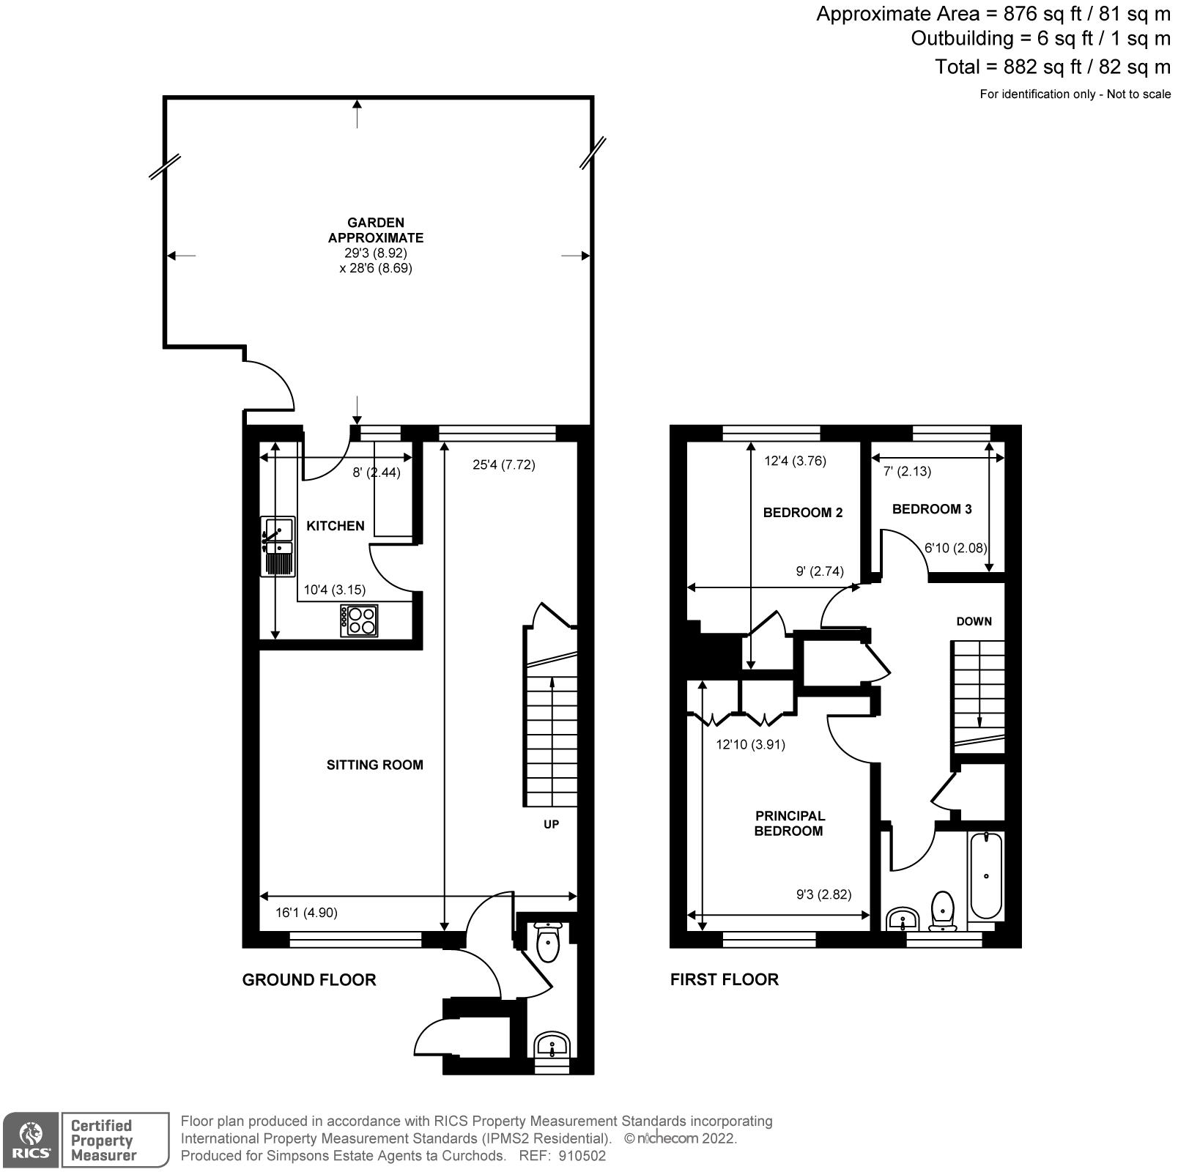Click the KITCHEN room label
(x=335, y=526)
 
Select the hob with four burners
(x=359, y=620)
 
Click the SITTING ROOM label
(x=374, y=765)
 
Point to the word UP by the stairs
(x=551, y=824)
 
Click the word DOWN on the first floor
(x=974, y=621)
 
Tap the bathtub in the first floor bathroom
(x=985, y=875)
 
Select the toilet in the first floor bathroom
(x=942, y=910)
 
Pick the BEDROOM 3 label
(x=931, y=509)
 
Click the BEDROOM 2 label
(x=802, y=513)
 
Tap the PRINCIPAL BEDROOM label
(x=789, y=823)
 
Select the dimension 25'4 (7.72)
(x=503, y=464)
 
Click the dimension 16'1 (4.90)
(x=306, y=913)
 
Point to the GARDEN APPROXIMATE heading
(x=375, y=230)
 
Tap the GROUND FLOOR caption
(x=308, y=980)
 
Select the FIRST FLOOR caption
(x=724, y=980)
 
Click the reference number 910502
(x=582, y=1157)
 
